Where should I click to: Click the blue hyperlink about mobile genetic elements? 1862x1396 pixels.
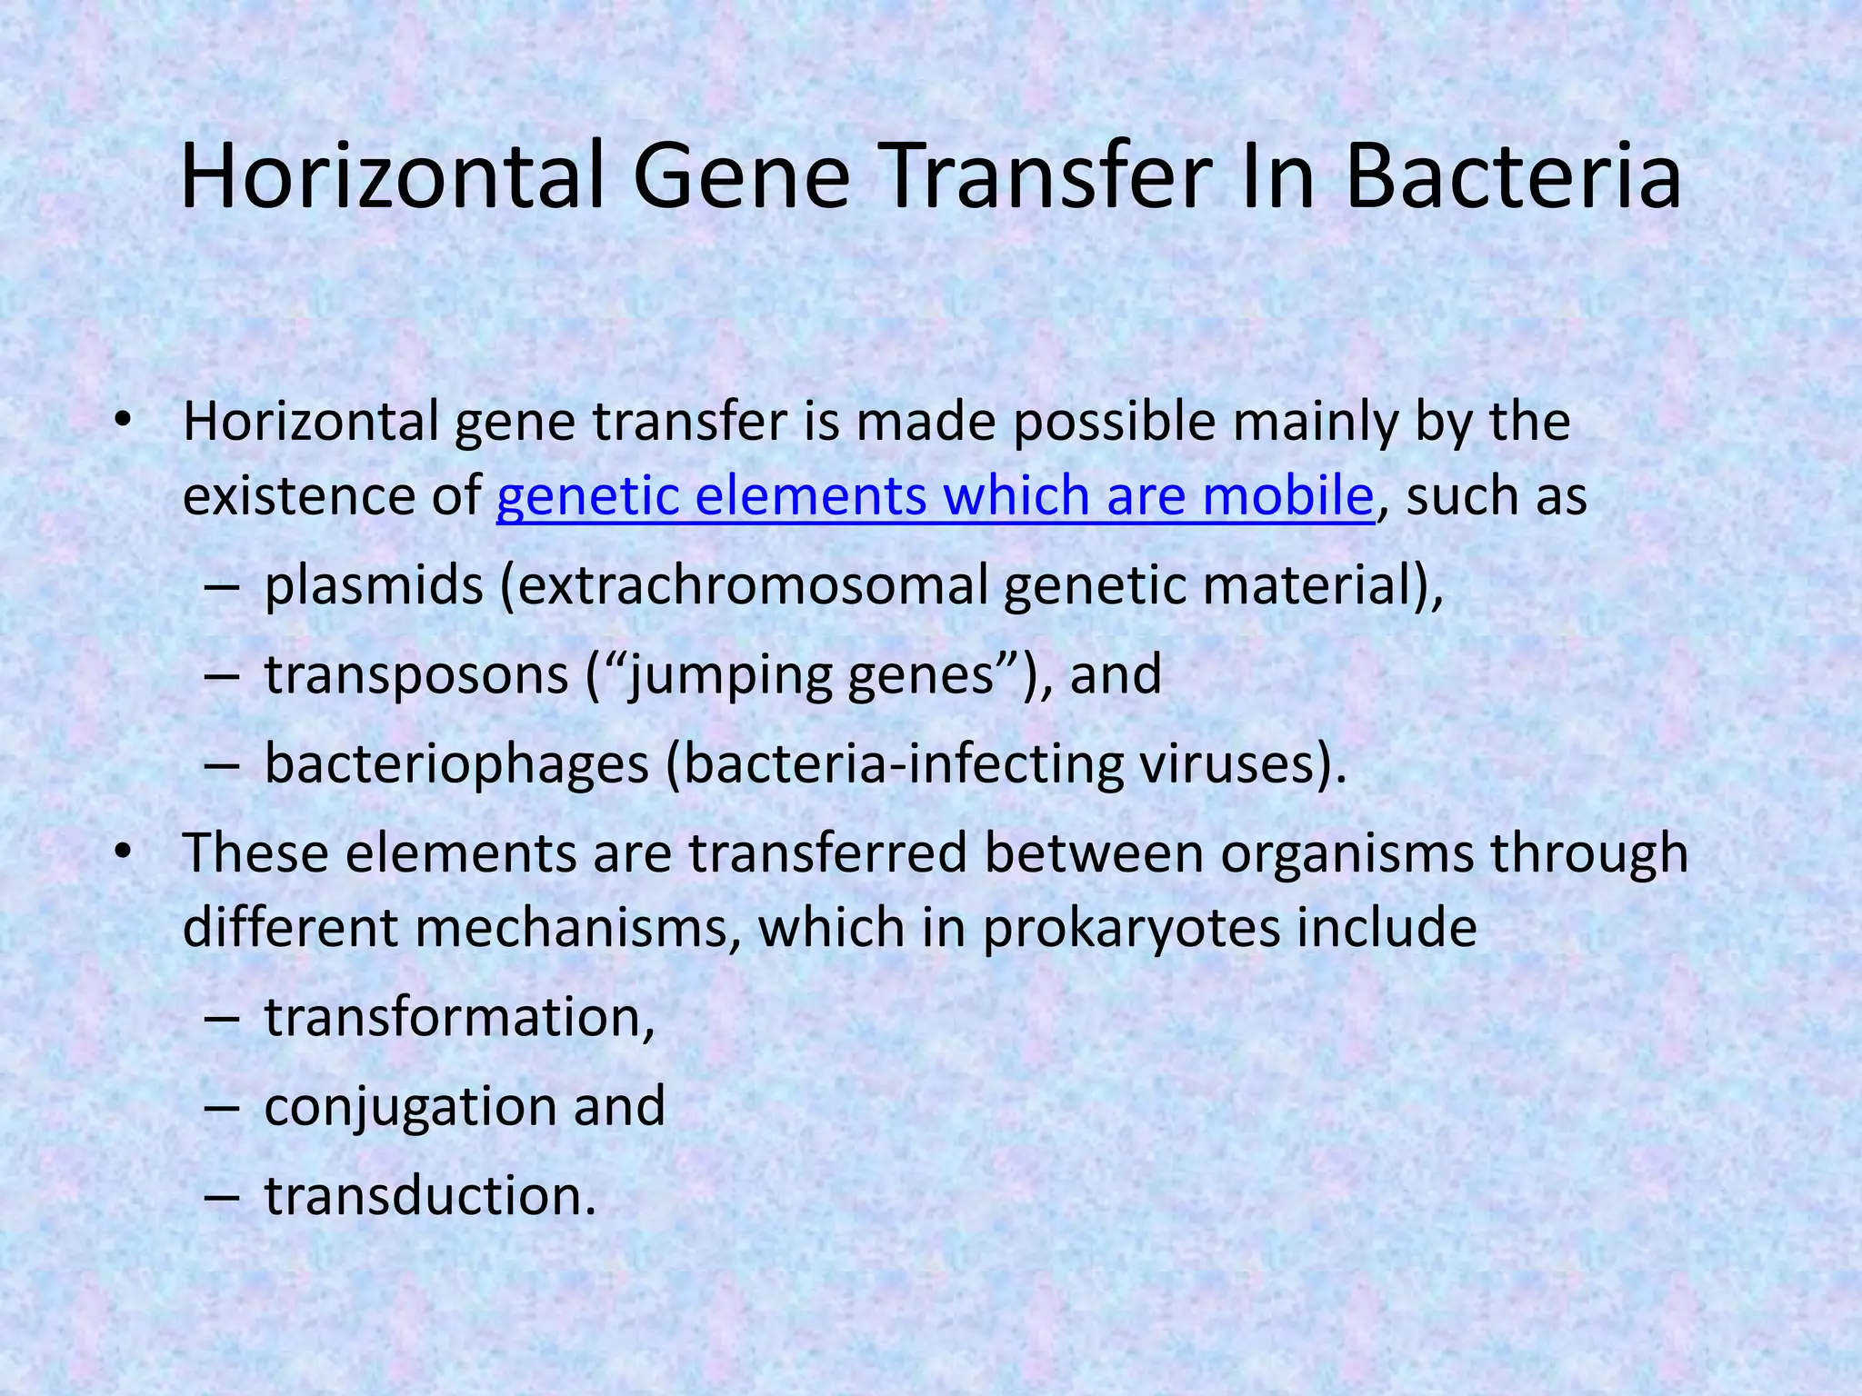(x=935, y=496)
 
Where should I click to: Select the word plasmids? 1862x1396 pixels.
(x=374, y=586)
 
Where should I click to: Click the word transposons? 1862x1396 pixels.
(x=416, y=675)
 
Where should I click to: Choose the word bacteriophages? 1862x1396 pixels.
(x=456, y=764)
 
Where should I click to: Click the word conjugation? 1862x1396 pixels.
(x=410, y=1106)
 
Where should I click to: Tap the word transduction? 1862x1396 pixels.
(x=429, y=1196)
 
